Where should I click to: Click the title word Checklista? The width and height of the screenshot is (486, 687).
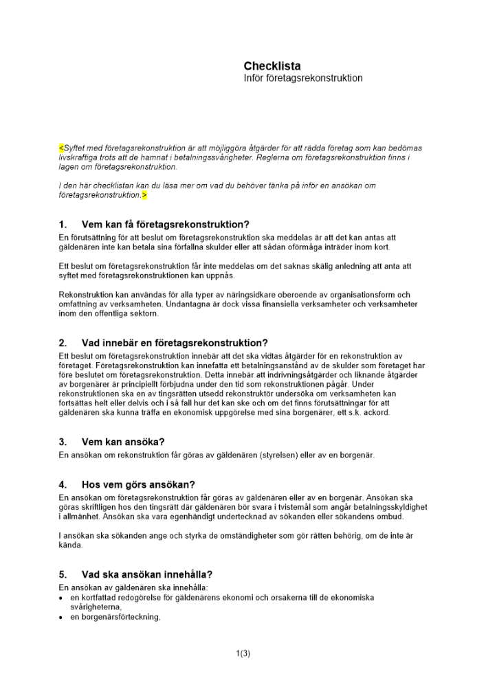(272, 66)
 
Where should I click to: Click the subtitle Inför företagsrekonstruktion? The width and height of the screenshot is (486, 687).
(303, 78)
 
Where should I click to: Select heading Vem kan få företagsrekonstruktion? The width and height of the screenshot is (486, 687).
(165, 225)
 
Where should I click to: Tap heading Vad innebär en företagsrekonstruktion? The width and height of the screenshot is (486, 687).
(174, 343)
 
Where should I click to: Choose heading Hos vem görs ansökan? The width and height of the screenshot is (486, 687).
(138, 484)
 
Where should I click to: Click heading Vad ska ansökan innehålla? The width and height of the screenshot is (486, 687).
(146, 574)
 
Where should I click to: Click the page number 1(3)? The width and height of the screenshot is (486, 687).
(243, 653)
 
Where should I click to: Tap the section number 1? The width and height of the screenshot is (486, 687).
(63, 225)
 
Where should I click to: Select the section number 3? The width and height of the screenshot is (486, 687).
(63, 442)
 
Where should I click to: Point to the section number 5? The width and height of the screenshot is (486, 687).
(63, 574)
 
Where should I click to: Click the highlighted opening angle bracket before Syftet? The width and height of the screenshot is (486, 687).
(61, 148)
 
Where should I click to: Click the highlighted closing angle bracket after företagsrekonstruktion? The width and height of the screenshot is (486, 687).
(144, 195)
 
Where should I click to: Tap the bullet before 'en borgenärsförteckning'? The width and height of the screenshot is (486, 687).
(62, 617)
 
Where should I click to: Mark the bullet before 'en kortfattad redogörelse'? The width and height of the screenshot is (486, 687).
(62, 598)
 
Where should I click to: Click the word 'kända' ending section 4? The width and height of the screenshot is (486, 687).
(71, 545)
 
